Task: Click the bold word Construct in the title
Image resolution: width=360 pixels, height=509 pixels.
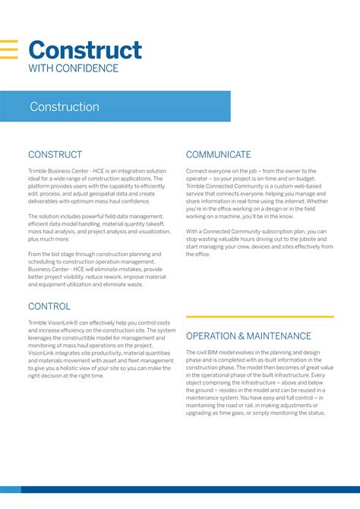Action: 84,50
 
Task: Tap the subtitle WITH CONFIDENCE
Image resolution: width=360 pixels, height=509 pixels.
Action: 74,68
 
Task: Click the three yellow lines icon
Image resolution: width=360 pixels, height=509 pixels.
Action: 9,49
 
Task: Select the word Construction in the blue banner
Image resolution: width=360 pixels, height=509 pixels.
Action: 65,107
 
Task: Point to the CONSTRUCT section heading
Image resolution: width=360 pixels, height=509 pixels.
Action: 55,154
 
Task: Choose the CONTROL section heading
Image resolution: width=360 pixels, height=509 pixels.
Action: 49,306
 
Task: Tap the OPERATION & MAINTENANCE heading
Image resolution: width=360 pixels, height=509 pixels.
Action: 248,336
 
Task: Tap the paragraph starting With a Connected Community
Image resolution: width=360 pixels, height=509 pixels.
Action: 259,239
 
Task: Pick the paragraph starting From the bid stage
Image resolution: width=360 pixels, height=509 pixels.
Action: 96,269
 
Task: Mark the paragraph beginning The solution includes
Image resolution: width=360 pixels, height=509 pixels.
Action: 96,228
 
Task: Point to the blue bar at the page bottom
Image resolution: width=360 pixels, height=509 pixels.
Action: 180,504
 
